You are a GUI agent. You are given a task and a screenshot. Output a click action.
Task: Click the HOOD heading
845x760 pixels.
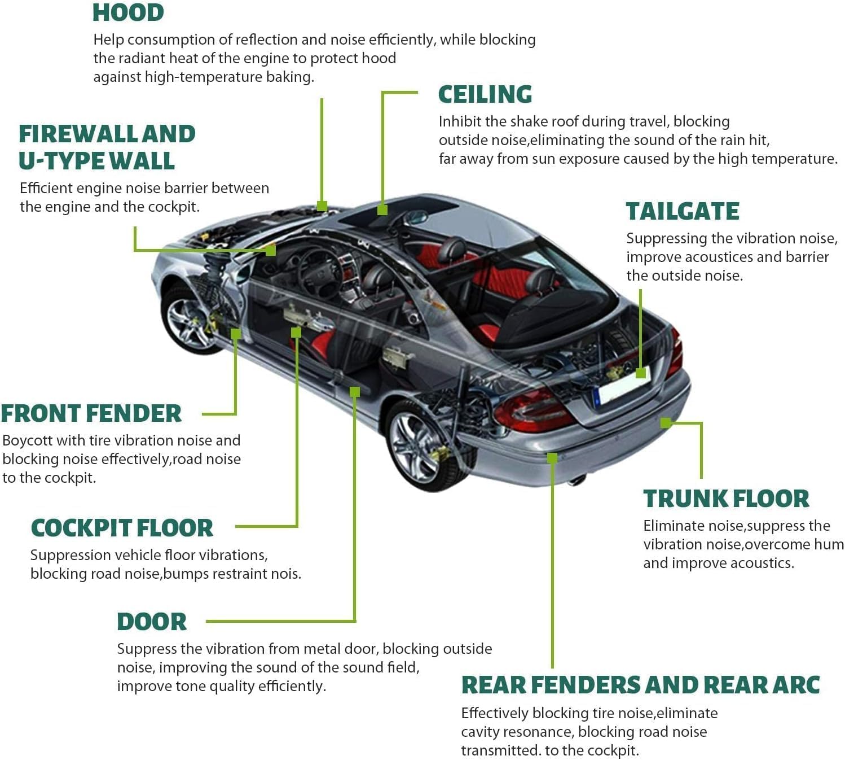(128, 12)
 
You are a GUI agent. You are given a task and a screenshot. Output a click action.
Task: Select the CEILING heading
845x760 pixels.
(485, 94)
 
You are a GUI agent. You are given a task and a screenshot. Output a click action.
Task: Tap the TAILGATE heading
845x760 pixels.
(682, 211)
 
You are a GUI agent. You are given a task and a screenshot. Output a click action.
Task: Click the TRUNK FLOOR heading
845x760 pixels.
(726, 499)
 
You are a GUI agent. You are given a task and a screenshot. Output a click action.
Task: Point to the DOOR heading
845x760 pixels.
(151, 622)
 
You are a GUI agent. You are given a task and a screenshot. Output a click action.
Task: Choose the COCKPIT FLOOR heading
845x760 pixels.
(122, 528)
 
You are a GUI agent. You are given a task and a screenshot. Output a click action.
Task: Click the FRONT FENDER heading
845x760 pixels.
(91, 413)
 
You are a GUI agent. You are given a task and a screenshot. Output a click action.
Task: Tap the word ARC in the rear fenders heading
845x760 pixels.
(796, 685)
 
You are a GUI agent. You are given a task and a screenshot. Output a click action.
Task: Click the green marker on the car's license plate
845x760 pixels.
(640, 373)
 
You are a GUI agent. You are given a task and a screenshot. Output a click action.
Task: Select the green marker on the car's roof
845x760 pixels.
(382, 209)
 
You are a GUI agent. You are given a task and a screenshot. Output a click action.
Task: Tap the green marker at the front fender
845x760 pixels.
(236, 334)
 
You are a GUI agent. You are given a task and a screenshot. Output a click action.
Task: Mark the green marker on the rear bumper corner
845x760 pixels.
(666, 422)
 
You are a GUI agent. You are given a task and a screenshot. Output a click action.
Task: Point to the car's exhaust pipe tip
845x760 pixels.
(576, 481)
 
